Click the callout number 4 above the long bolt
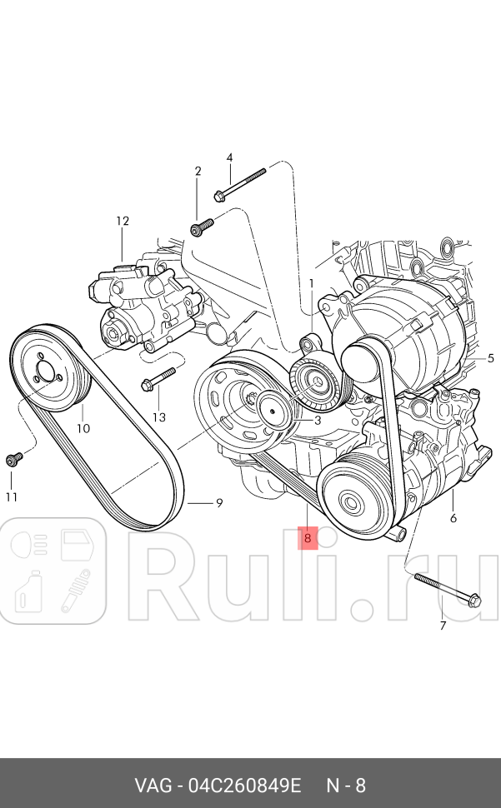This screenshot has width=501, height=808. (x=229, y=157)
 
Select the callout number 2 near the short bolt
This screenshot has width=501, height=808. (x=198, y=172)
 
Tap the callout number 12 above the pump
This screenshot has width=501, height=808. (x=123, y=222)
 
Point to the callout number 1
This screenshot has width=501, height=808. (x=312, y=283)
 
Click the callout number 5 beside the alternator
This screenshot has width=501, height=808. (x=491, y=358)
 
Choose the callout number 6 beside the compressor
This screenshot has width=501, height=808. (x=453, y=517)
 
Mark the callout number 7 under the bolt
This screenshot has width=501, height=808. (x=443, y=625)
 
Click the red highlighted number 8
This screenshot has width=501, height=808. (x=308, y=538)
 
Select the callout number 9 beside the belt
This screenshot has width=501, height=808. (x=219, y=502)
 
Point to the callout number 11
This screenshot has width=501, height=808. (x=12, y=497)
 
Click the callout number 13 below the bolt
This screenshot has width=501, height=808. (x=159, y=416)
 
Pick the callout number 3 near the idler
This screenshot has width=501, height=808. (x=318, y=421)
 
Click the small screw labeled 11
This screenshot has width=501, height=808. (x=13, y=458)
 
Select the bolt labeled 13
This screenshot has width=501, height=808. (x=158, y=379)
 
